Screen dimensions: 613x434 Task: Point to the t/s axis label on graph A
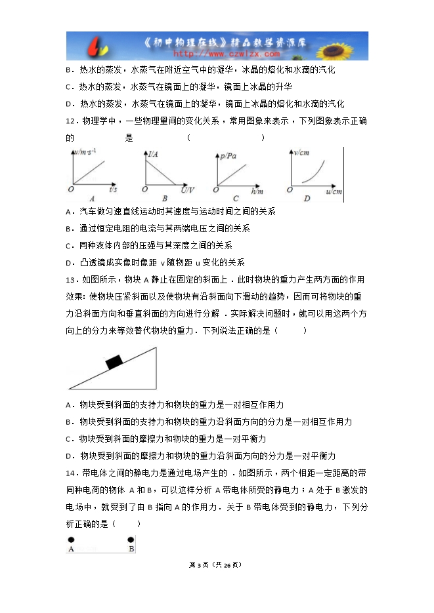112,189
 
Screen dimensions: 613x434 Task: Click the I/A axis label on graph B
153,155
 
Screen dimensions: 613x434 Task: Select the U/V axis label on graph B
187,190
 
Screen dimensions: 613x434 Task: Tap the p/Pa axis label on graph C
230,156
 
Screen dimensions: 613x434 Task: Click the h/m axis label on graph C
257,190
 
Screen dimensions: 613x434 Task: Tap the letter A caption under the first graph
92,199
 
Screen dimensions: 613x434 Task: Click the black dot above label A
71,540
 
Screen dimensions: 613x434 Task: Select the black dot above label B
131,540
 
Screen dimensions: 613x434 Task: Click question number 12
72,121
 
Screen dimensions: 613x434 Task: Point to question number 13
72,279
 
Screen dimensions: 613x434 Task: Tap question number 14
72,473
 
